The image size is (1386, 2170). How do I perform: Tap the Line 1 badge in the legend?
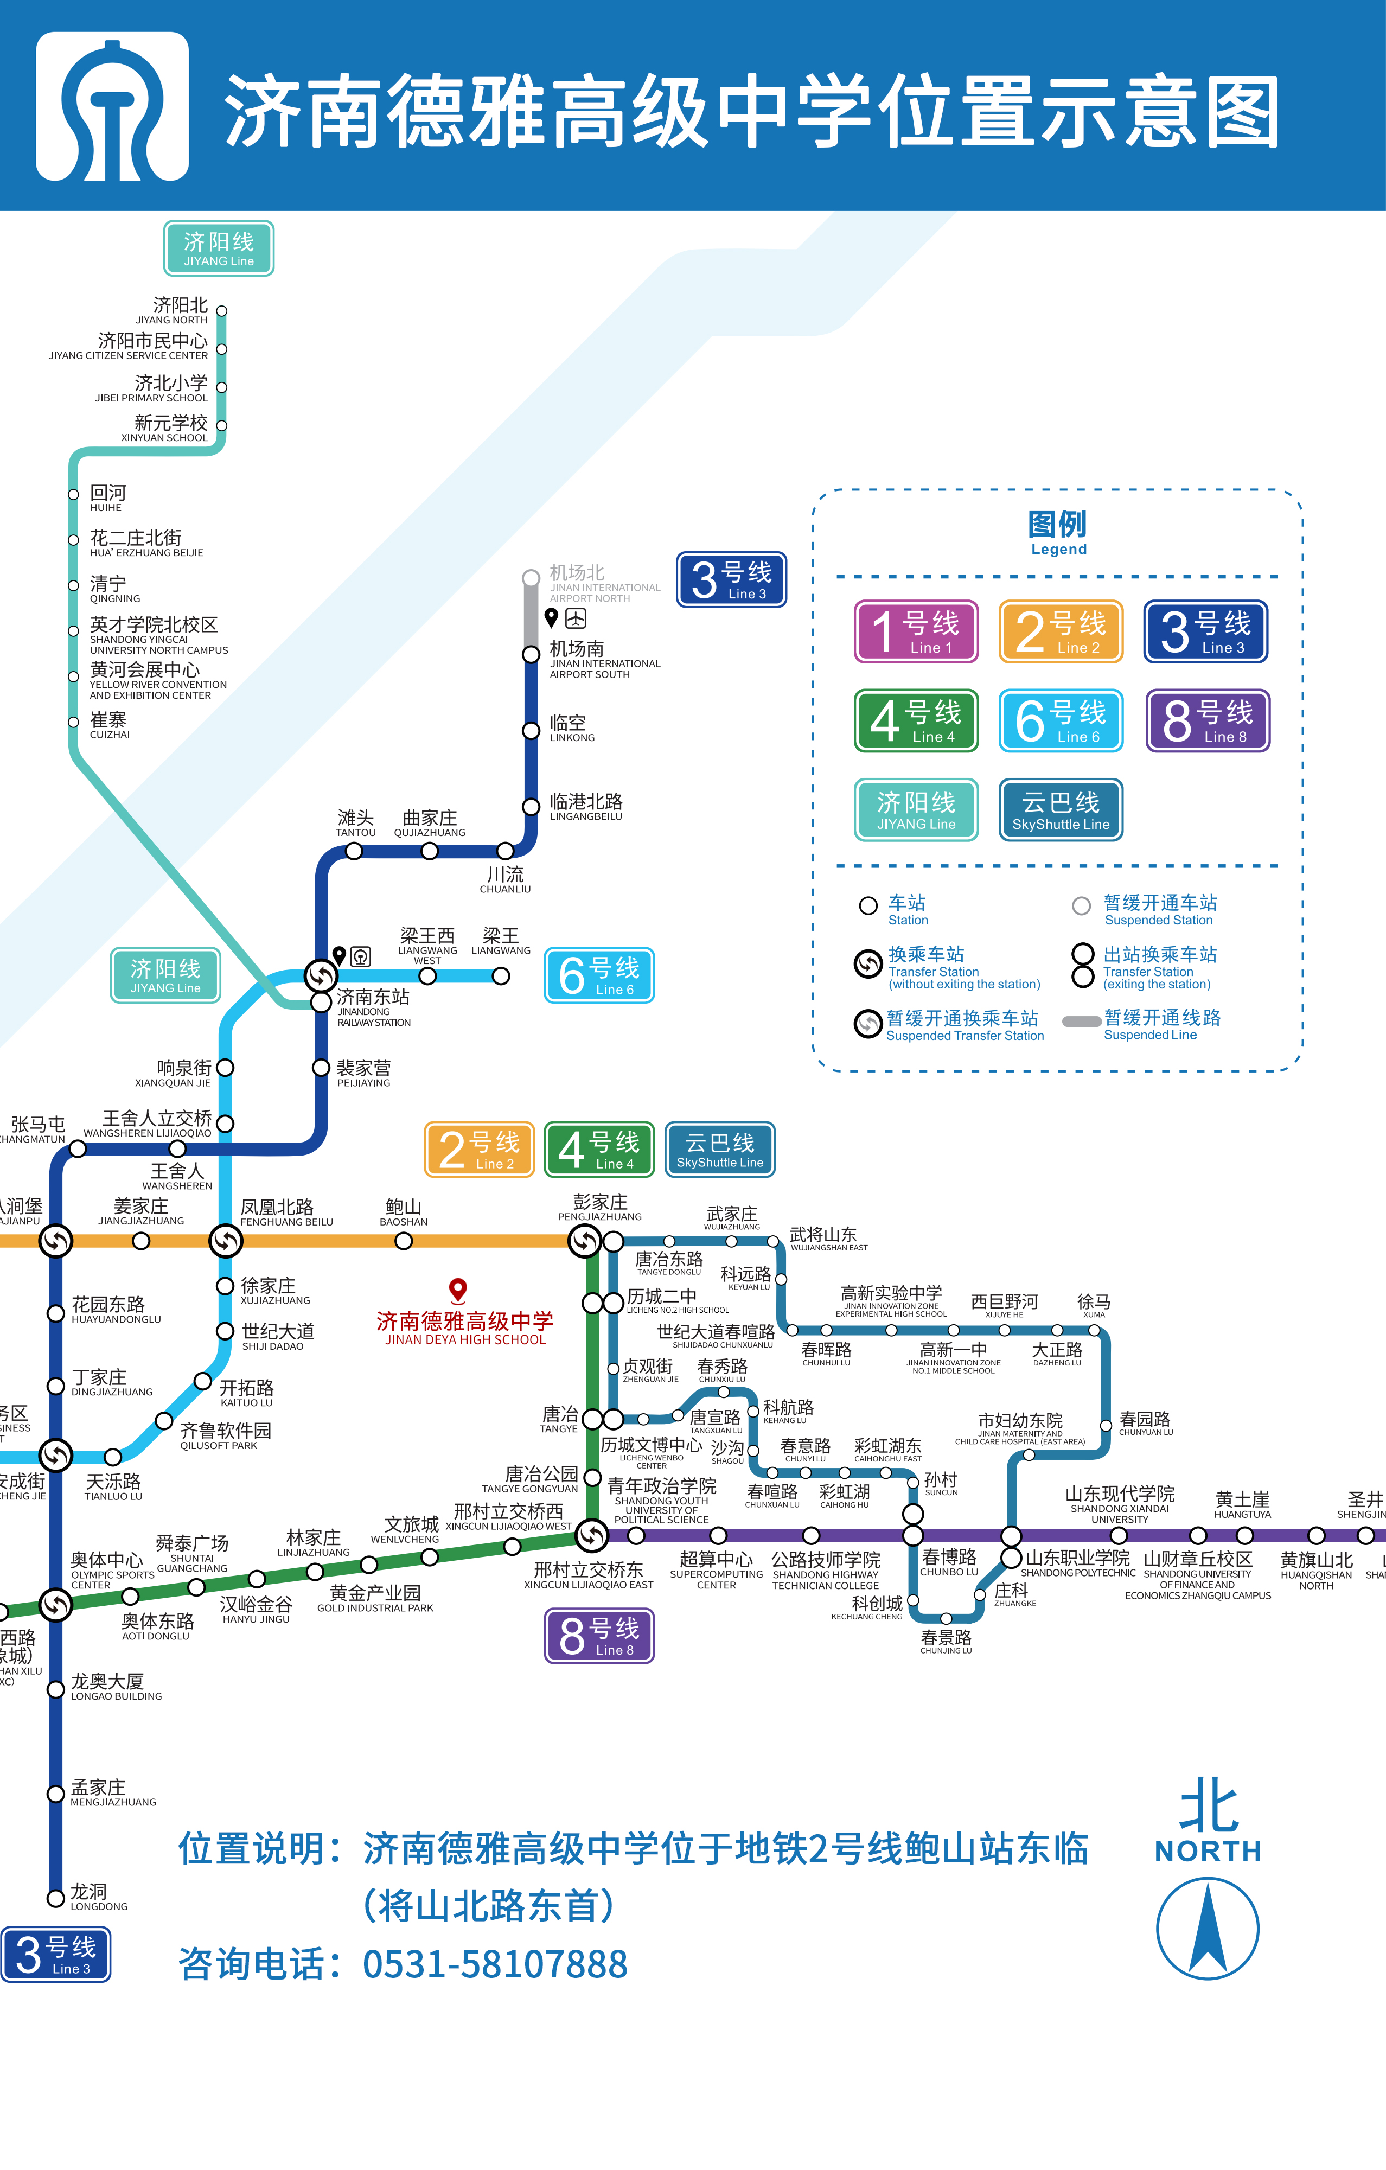(916, 631)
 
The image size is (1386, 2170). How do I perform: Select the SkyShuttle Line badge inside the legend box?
(1061, 809)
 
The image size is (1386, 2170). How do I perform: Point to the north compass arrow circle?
(1208, 1929)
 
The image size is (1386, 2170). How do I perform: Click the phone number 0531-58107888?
(495, 1964)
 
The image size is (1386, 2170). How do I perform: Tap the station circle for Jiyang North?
(222, 311)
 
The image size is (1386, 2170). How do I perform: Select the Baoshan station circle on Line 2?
(404, 1241)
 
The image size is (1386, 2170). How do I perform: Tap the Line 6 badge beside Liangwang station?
(599, 975)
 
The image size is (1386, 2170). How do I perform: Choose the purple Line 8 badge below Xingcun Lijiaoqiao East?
(599, 1636)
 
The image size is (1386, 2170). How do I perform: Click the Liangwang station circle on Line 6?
(501, 976)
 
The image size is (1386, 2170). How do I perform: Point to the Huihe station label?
(107, 497)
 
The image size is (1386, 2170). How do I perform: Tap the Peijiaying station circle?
(321, 1068)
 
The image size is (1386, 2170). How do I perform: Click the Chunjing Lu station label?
(946, 1640)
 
